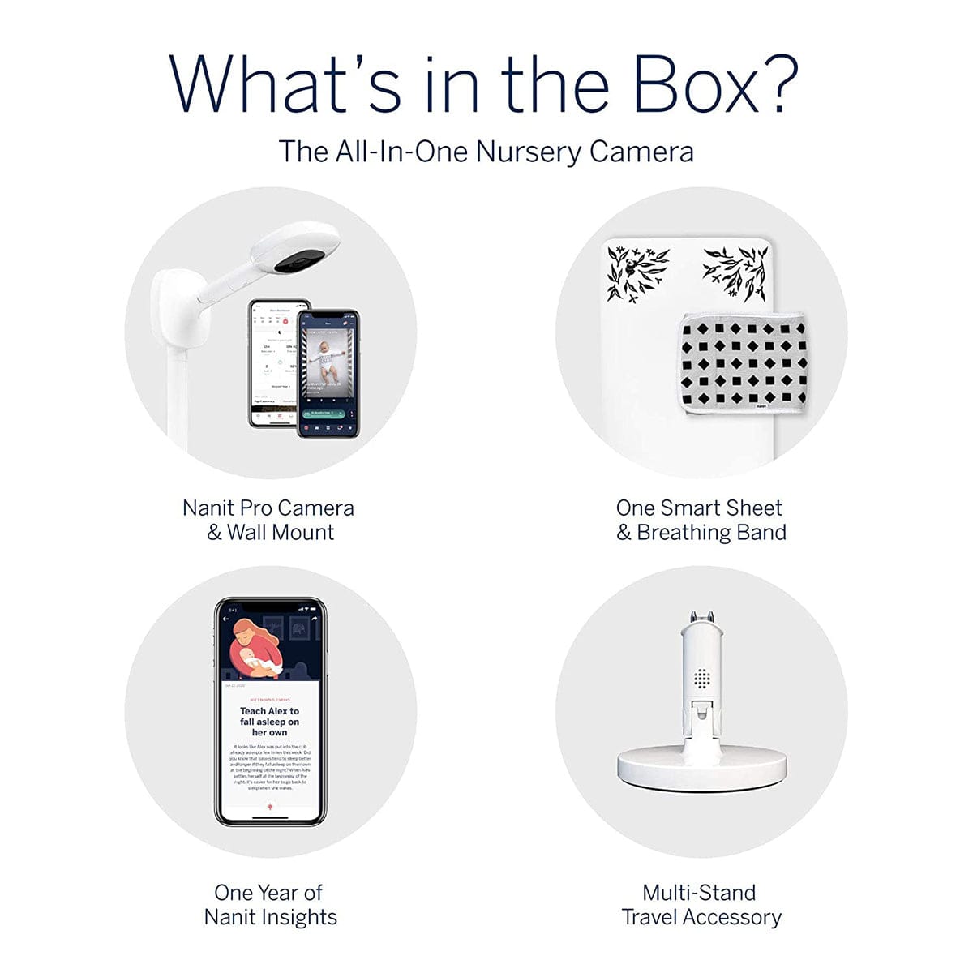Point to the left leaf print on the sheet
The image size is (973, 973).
637,272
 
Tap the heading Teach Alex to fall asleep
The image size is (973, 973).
269,721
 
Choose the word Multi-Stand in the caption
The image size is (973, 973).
699,893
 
